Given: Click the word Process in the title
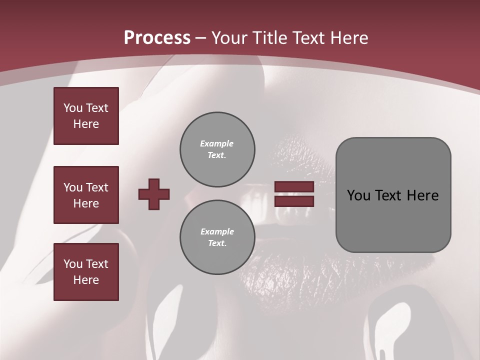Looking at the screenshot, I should (x=157, y=38).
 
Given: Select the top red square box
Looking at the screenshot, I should (x=86, y=116).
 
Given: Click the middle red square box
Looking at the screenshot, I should (x=86, y=195).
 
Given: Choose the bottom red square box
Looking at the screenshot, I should (x=86, y=271).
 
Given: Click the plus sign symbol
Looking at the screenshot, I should (x=154, y=194).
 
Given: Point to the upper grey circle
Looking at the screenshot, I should (x=217, y=149).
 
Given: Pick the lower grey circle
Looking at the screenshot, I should (x=217, y=237).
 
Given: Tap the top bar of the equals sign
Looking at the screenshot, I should (x=294, y=187).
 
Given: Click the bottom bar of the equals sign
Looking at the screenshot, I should (x=294, y=201).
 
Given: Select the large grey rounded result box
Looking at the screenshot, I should (x=393, y=195).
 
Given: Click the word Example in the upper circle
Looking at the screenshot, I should (x=217, y=143).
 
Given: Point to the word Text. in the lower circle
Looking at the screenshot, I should (x=217, y=243).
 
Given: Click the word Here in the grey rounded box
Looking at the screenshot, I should (x=423, y=195).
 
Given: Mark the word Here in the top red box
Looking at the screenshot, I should (x=86, y=124).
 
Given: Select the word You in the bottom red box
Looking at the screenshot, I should (x=73, y=264).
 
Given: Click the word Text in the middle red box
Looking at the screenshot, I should (x=97, y=187).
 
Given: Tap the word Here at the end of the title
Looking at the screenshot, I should (x=349, y=38).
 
